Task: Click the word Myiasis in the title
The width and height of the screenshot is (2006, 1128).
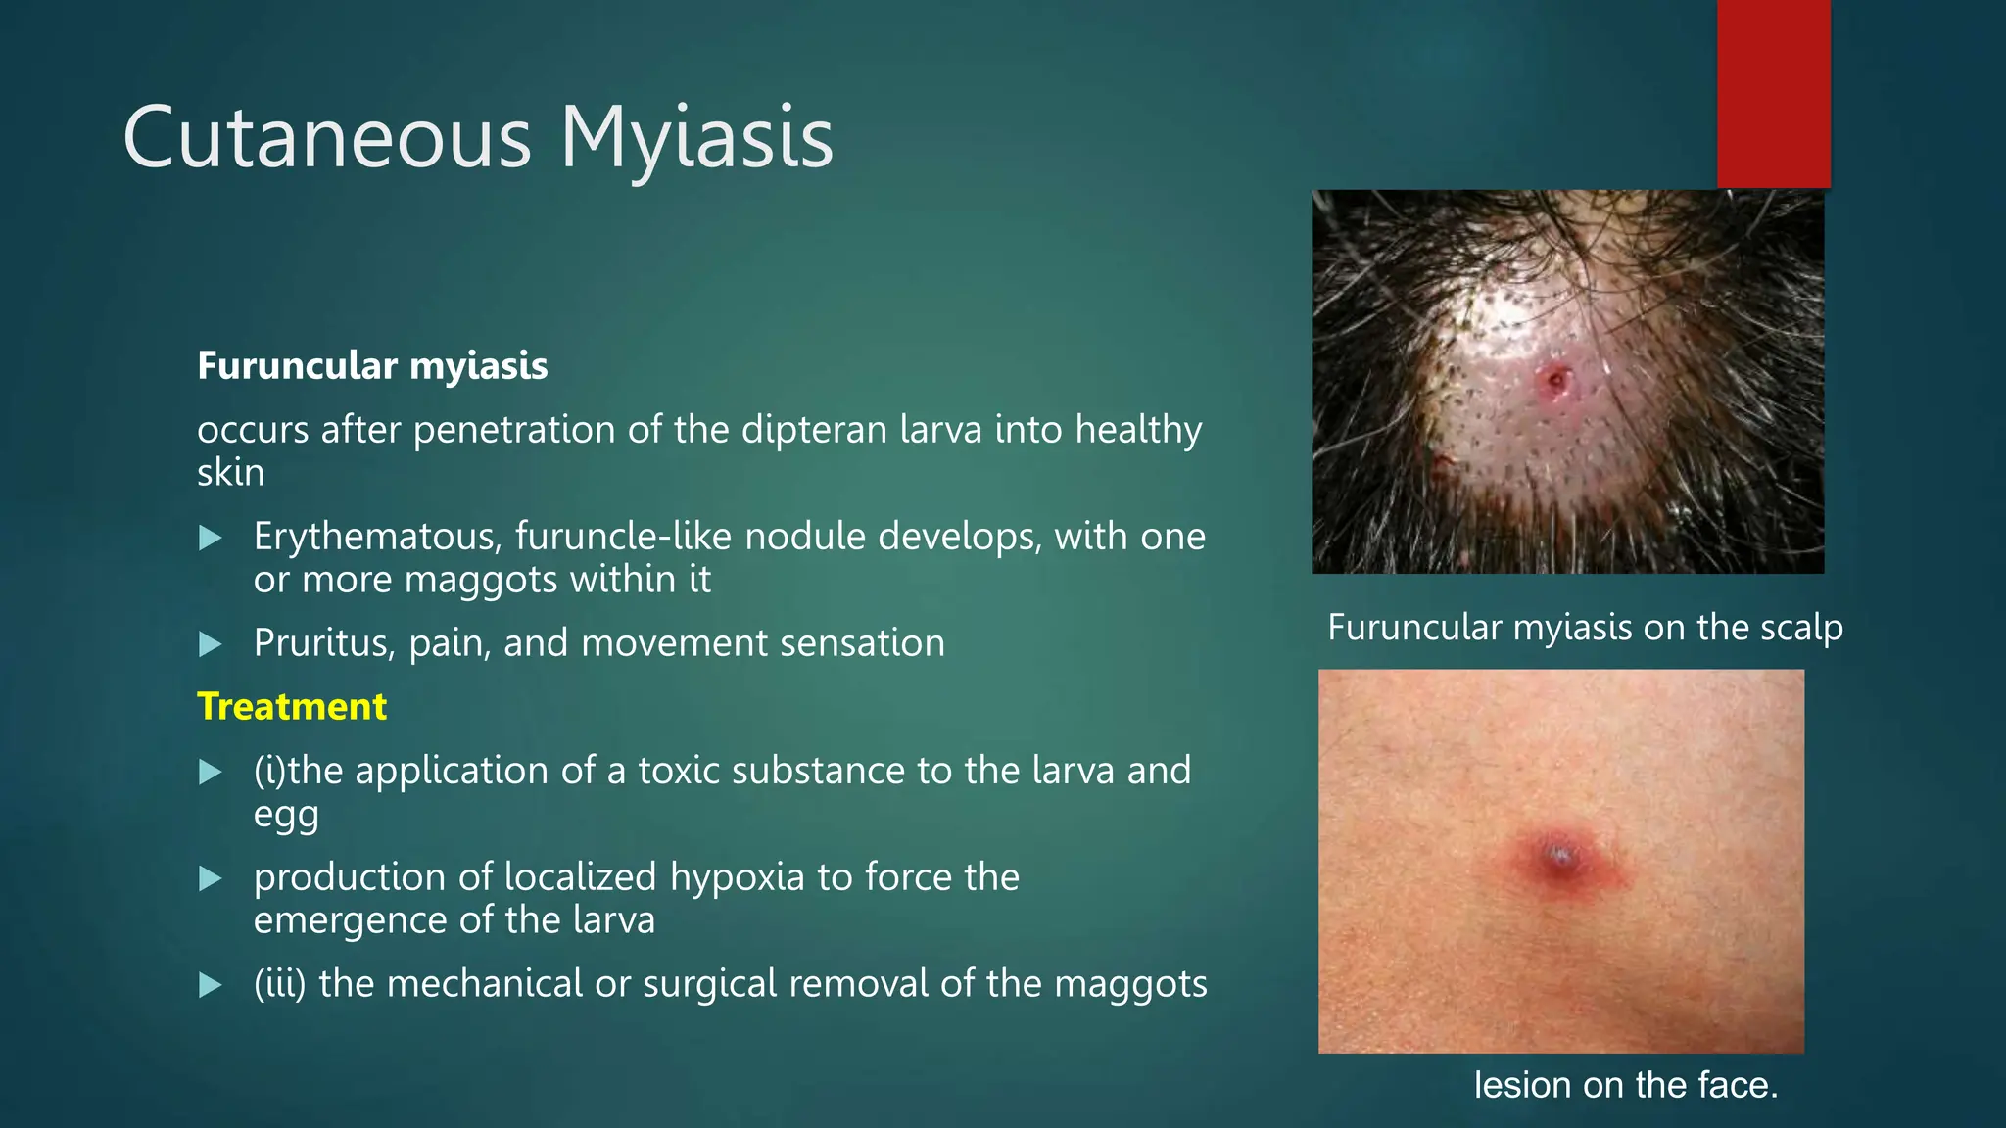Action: click(x=696, y=139)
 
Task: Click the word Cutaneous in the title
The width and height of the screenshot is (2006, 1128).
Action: click(x=327, y=139)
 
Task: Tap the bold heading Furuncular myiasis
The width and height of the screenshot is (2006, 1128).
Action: click(x=372, y=366)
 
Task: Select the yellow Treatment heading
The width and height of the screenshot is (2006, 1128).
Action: click(x=292, y=707)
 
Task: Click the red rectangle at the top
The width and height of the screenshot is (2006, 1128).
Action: click(x=1773, y=93)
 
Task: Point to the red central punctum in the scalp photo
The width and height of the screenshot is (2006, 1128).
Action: click(x=1555, y=379)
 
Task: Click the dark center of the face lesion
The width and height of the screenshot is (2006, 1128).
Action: click(x=1559, y=859)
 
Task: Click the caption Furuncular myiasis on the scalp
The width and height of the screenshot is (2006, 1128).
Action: click(x=1585, y=628)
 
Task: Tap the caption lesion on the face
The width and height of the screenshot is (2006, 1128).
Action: click(x=1626, y=1085)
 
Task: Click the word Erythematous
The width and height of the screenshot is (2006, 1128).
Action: click(x=378, y=538)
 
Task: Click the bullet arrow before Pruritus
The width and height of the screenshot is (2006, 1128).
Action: click(x=211, y=644)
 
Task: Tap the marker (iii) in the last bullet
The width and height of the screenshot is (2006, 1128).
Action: click(x=280, y=984)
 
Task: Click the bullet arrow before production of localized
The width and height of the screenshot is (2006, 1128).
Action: click(x=211, y=878)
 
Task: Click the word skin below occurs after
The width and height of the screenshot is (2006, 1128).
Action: click(x=230, y=474)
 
